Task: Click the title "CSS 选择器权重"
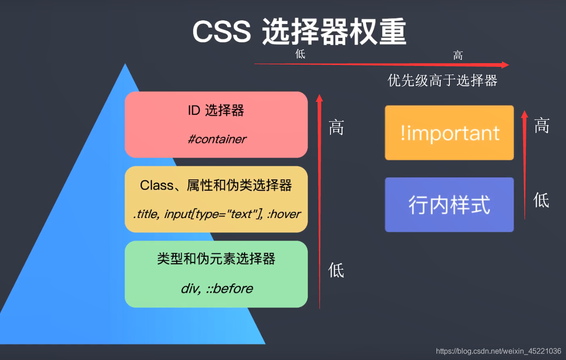(299, 32)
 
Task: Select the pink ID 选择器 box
(216, 124)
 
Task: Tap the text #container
(217, 139)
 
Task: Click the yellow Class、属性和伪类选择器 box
(216, 199)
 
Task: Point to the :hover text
(284, 214)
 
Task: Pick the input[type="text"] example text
(212, 214)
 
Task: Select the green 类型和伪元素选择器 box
(216, 274)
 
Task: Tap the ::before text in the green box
(229, 289)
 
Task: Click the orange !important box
(449, 133)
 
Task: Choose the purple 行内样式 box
(449, 205)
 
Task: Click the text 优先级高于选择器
(442, 81)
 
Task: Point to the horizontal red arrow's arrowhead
(505, 65)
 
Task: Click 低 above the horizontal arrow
(301, 54)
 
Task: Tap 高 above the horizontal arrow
(458, 56)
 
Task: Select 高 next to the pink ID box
(336, 127)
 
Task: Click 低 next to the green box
(336, 270)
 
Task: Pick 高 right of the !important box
(542, 125)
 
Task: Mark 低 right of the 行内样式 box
(541, 201)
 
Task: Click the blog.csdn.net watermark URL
(498, 352)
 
